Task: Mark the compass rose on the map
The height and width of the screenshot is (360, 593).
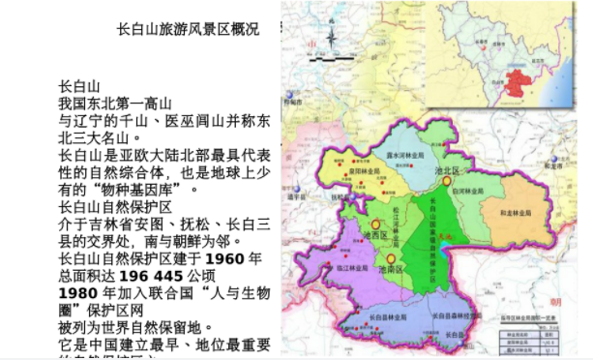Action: (332, 41)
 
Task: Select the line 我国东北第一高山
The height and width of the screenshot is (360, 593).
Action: (115, 103)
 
